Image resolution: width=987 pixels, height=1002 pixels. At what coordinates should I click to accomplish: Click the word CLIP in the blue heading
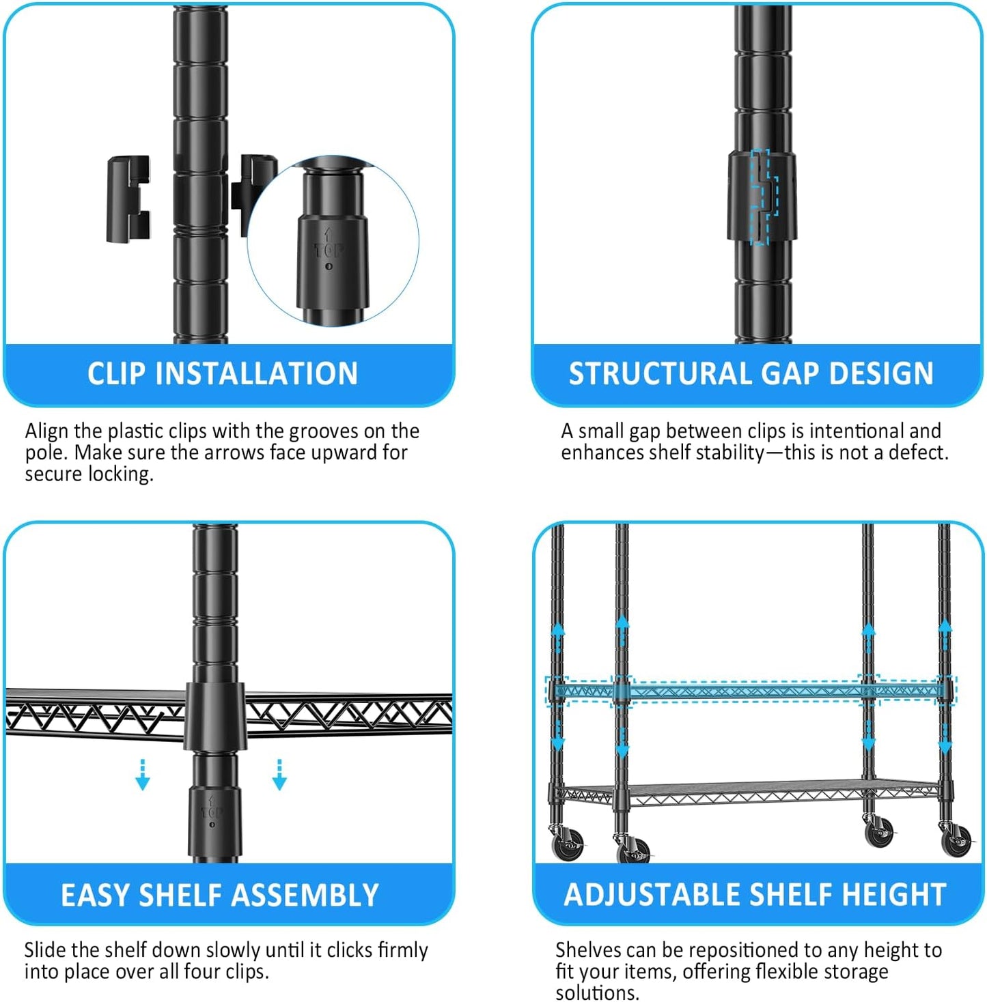[116, 374]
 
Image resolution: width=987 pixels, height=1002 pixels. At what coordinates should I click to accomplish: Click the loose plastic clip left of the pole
[128, 199]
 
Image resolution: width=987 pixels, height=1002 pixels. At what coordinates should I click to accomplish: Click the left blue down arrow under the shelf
[143, 775]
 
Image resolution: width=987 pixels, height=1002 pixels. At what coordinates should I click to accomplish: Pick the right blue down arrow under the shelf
[279, 775]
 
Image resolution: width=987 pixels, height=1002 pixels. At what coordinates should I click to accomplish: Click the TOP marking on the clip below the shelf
[212, 812]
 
